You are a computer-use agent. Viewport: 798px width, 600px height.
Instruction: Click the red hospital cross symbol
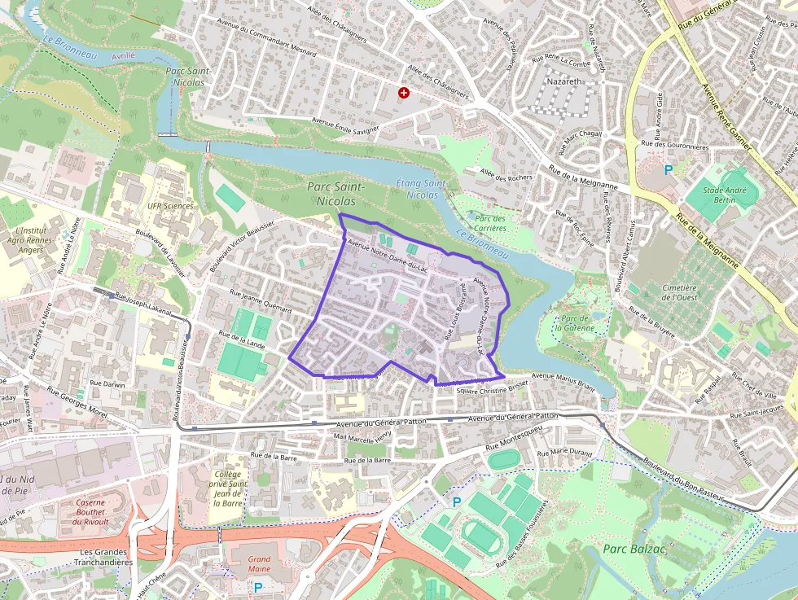click(403, 94)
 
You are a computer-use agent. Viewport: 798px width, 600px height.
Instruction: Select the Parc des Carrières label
click(490, 223)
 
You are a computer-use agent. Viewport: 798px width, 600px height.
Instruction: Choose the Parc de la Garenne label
click(574, 322)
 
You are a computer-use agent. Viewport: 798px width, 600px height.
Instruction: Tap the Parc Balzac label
click(635, 549)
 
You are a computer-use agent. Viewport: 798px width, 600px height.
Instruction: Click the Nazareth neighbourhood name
click(563, 83)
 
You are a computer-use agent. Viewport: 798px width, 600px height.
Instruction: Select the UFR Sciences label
click(170, 205)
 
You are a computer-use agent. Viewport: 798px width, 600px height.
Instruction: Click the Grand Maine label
click(259, 564)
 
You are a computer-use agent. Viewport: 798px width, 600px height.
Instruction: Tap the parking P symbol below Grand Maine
click(258, 586)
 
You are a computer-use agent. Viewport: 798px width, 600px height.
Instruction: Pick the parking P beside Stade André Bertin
click(669, 170)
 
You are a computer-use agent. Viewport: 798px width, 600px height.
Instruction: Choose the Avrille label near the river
click(123, 55)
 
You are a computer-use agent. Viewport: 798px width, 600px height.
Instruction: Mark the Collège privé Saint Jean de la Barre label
click(229, 488)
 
